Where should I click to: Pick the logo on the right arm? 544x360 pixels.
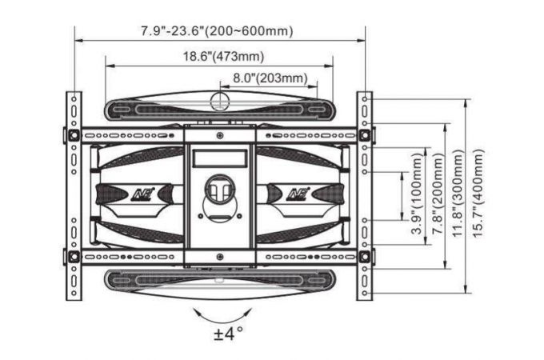(x=298, y=192)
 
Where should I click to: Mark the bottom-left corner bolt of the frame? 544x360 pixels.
(x=74, y=258)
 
